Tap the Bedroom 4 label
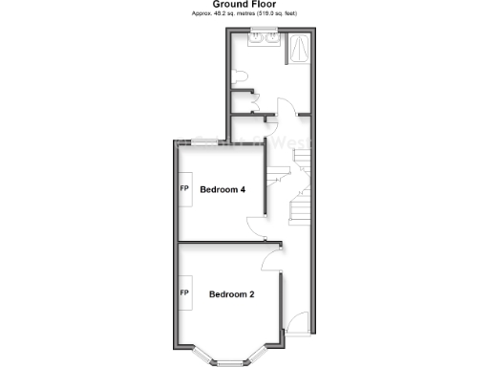(223, 189)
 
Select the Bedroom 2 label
(231, 294)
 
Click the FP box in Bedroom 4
(184, 188)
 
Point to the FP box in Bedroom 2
(184, 287)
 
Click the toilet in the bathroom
(241, 76)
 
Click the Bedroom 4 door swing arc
(255, 227)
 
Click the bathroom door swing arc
(284, 107)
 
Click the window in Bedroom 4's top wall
(201, 141)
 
